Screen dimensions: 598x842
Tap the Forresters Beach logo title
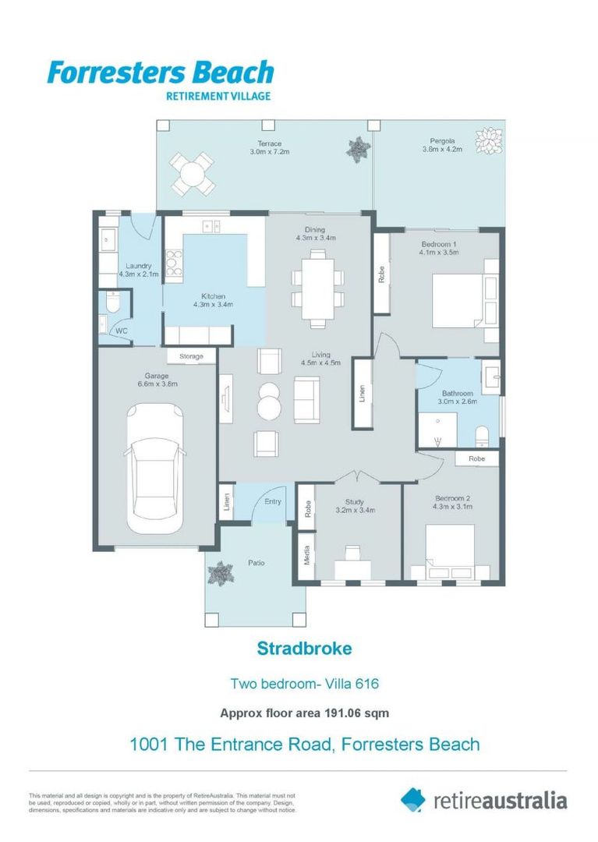click(161, 73)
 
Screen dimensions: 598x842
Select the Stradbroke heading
click(304, 648)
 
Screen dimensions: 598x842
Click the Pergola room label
click(442, 141)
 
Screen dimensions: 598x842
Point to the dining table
click(318, 289)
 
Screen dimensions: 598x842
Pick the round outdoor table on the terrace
click(192, 174)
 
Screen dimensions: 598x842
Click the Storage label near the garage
click(191, 356)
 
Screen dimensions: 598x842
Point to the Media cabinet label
click(307, 555)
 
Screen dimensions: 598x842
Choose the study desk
click(352, 570)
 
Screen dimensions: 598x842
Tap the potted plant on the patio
click(220, 573)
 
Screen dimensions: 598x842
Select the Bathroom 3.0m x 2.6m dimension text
click(458, 402)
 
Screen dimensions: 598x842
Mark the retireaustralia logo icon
click(412, 800)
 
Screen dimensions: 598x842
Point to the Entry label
click(273, 501)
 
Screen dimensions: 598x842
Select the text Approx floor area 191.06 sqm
click(304, 713)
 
